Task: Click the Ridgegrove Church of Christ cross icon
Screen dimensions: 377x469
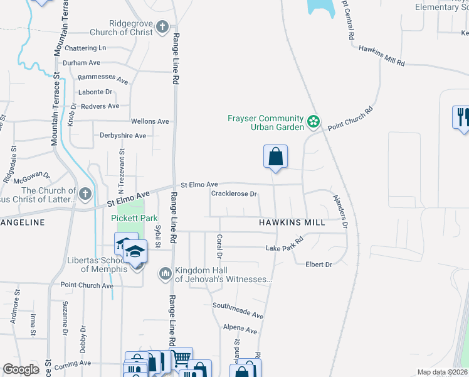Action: (x=162, y=27)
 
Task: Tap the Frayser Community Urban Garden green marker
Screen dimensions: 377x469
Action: (x=314, y=120)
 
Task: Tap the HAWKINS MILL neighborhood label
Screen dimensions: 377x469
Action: (x=292, y=222)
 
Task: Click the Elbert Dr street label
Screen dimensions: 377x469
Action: (x=319, y=265)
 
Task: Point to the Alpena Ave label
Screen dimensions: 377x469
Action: (x=240, y=330)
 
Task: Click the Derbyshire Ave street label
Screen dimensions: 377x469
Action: (x=123, y=135)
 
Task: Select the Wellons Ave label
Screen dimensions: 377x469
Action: (x=150, y=121)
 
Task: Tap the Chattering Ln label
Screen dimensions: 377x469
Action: (x=85, y=48)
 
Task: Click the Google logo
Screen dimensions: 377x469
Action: (x=21, y=369)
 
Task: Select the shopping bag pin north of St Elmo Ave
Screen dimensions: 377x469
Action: (x=275, y=156)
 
